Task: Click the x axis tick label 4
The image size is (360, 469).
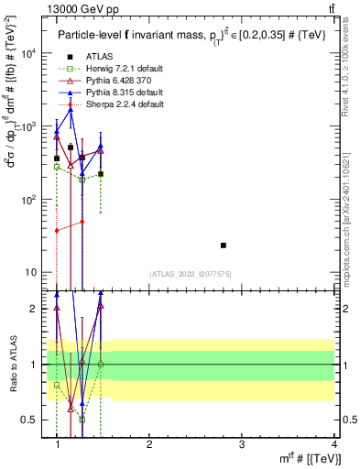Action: (334, 444)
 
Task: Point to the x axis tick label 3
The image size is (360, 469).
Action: (242, 444)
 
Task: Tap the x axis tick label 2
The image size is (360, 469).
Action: (149, 444)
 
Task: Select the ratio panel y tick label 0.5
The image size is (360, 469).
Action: (28, 420)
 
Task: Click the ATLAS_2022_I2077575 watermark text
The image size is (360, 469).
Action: (190, 274)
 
